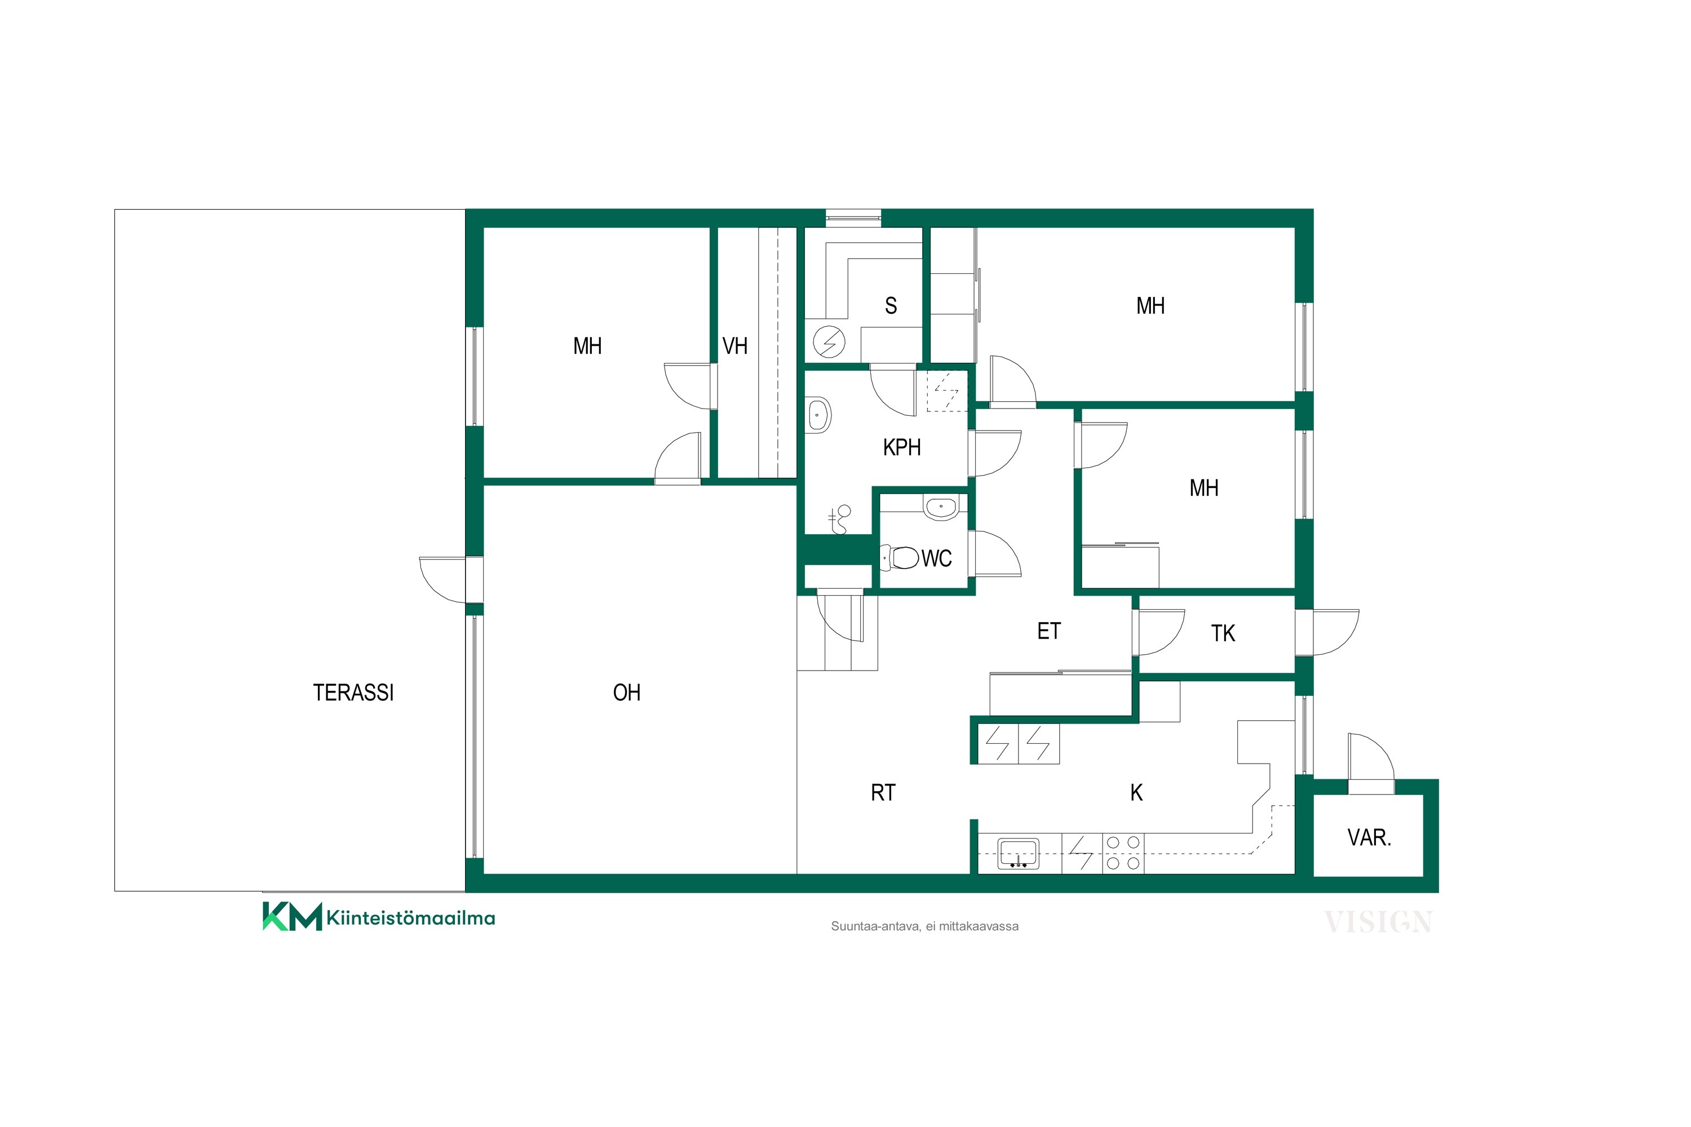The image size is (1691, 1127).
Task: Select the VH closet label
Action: (735, 347)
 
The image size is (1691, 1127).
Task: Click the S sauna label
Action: (891, 306)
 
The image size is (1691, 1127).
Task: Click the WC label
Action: (936, 558)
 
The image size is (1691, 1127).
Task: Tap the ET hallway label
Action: (1049, 631)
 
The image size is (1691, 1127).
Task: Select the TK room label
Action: (1223, 633)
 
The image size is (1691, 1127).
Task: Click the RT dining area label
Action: (883, 793)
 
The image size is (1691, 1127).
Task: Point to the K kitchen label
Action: (1137, 792)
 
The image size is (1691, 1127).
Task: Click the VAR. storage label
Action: (1369, 837)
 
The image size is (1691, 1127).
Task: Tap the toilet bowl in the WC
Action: (900, 557)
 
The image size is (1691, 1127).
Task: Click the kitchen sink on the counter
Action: (1019, 854)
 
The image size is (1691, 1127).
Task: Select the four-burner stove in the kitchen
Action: (1123, 853)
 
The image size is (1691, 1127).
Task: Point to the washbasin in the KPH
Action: (818, 415)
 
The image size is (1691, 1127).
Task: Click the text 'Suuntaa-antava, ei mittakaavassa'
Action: (924, 926)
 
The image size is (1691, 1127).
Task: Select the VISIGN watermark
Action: (1378, 921)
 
